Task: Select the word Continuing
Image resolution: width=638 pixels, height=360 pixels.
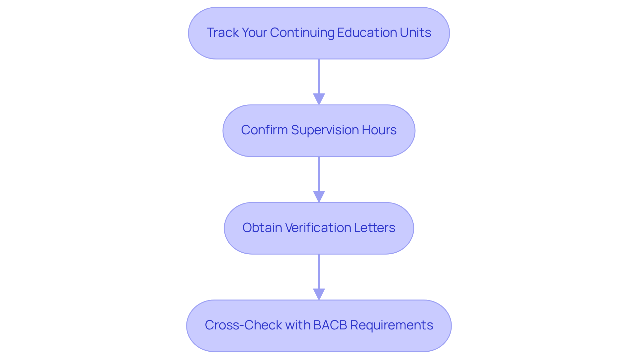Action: pos(302,33)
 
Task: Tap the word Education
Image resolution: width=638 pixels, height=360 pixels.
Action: pos(367,33)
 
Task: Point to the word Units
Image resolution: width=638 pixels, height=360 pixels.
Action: pos(415,33)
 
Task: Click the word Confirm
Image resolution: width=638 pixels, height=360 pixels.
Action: pos(264,130)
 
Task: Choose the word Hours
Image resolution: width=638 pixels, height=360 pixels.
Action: pos(379,130)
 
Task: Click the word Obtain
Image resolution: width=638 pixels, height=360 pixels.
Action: pos(262,228)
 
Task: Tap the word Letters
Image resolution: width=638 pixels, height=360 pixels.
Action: pos(374,228)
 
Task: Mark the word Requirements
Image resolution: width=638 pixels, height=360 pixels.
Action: pos(391,325)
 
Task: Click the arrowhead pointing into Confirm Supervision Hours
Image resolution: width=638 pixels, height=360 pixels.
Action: pos(319,99)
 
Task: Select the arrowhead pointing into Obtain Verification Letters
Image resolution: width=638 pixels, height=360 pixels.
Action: pos(319,197)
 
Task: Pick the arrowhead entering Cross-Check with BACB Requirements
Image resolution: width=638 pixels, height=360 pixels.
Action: pos(319,294)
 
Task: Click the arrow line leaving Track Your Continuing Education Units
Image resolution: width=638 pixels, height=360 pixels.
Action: pos(319,76)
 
